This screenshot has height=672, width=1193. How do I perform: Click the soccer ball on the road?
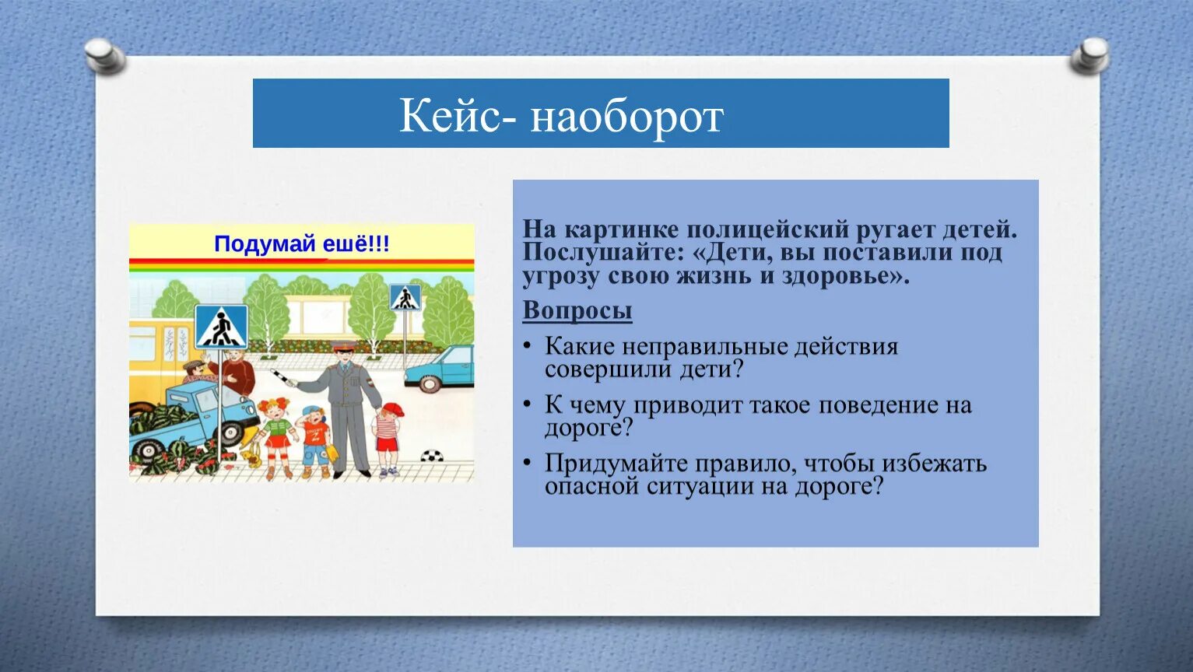(431, 456)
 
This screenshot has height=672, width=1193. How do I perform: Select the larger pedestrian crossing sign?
(221, 327)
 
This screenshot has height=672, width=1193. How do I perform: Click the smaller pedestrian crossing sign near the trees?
(405, 298)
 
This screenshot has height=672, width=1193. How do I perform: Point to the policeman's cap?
(342, 348)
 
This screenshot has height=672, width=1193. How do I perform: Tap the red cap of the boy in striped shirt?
(392, 408)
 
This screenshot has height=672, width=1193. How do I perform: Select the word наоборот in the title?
(627, 117)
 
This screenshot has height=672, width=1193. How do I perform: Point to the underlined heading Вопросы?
(577, 310)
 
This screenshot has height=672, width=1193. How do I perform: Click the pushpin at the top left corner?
(104, 56)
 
